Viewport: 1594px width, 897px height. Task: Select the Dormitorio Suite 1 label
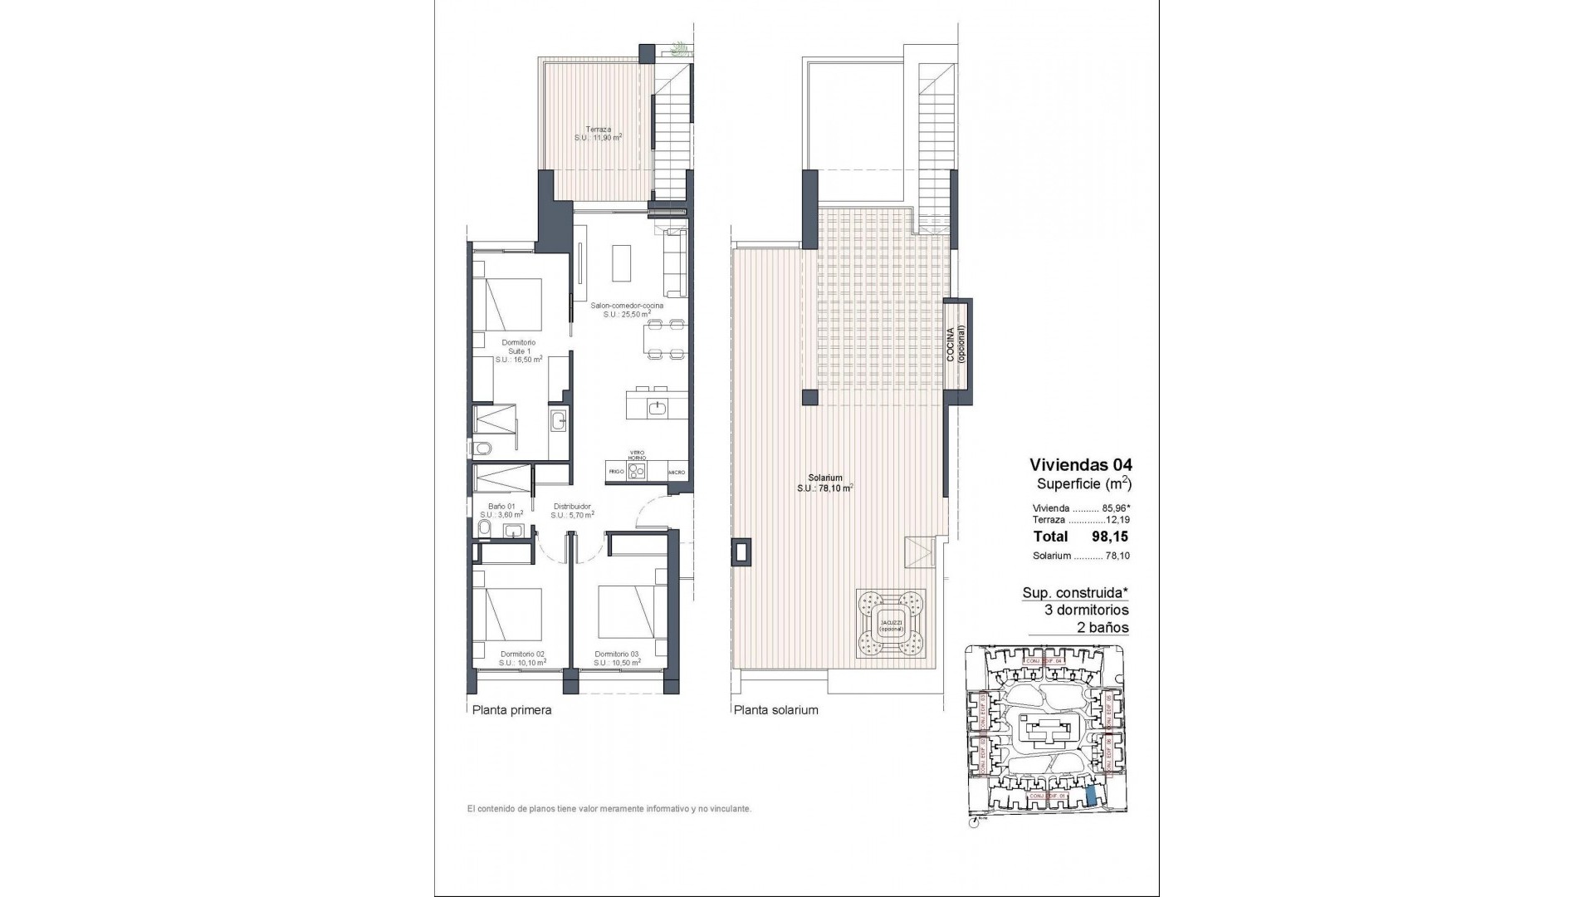[518, 351]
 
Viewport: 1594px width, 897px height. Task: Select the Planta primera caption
[511, 710]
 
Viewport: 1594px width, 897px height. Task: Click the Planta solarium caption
[775, 710]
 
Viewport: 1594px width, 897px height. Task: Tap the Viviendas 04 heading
[1080, 464]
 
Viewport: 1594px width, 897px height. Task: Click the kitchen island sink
[657, 407]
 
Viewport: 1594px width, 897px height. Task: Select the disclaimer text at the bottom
[609, 808]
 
